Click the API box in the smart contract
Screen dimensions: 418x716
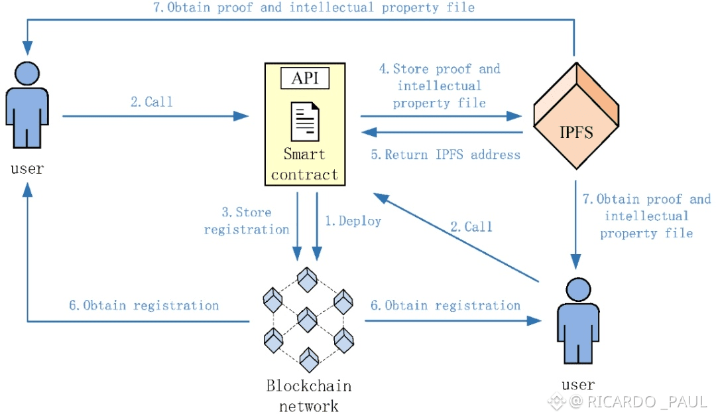tap(305, 79)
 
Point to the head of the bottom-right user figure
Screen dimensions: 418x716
tap(577, 289)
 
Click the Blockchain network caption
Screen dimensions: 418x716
tap(308, 395)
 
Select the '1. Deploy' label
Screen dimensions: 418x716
tap(353, 222)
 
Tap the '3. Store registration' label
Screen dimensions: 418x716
tap(246, 221)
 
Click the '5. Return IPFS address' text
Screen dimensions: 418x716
tap(446, 155)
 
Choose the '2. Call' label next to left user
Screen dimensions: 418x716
tap(151, 102)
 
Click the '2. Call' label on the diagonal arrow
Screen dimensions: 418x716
tap(471, 227)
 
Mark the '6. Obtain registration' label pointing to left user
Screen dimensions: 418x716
tap(144, 306)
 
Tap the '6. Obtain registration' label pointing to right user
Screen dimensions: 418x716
tap(445, 306)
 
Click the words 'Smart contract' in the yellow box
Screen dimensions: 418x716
tap(304, 165)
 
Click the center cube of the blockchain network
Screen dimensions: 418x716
tap(308, 319)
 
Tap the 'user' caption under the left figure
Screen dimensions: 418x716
tap(27, 169)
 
